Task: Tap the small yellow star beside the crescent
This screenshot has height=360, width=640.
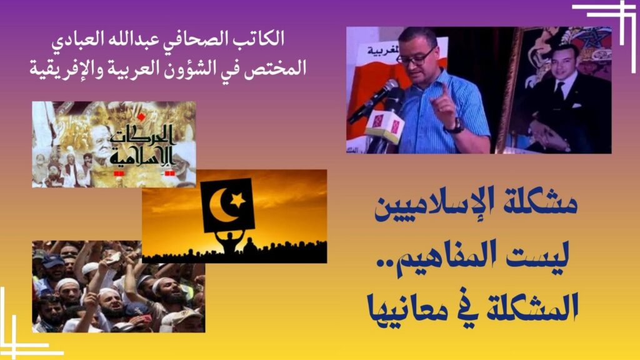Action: pos(237,200)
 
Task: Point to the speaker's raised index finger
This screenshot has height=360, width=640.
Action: pos(444,90)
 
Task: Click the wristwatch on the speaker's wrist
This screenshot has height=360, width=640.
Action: pos(456,126)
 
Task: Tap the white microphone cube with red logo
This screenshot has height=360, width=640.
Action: pos(384,126)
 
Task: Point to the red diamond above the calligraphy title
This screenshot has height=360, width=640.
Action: pos(141,117)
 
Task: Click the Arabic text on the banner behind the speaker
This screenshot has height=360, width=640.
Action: pos(382,52)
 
